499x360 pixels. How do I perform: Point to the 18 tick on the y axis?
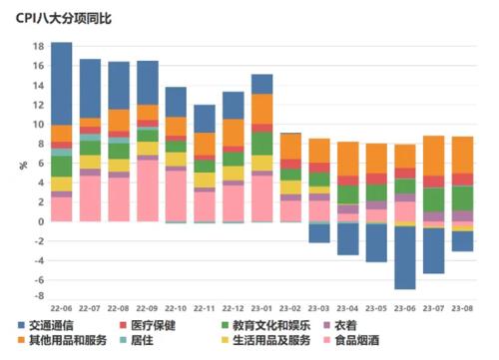click(37, 47)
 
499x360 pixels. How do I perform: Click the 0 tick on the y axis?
click(40, 221)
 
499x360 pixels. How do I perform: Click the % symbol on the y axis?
click(21, 165)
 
